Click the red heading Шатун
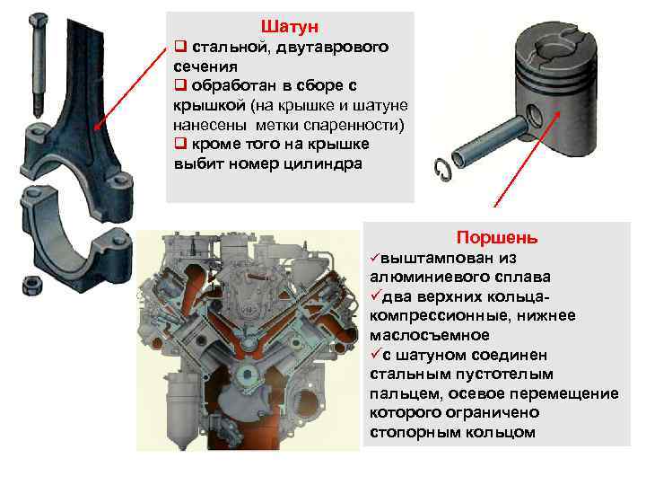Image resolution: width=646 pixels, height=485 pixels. coord(290,26)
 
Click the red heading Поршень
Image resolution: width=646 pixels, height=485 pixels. coord(497,237)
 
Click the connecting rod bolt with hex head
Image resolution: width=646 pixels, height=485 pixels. coord(38,65)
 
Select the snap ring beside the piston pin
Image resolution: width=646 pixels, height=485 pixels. coord(442,170)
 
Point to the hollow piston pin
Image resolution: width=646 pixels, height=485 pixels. coord(489,142)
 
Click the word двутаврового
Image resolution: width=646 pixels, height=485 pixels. coord(332,47)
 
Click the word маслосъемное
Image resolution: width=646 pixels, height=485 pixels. coord(430,335)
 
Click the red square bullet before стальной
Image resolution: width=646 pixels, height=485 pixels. coord(180,46)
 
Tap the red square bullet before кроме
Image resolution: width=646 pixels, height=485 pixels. coord(180,143)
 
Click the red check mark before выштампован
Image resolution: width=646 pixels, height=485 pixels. coord(374,258)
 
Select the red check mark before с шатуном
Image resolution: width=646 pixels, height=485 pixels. coord(375,354)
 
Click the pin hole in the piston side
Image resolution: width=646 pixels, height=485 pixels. coord(535,116)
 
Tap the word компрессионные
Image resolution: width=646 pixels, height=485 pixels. coord(440,316)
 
